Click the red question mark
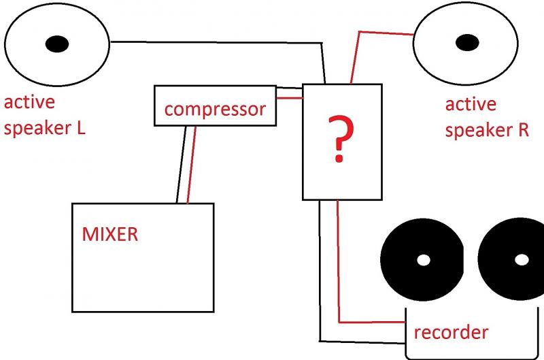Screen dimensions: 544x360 click(x=340, y=138)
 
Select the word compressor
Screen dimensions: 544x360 click(x=215, y=109)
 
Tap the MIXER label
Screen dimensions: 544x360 click(x=110, y=234)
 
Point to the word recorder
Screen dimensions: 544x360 click(x=451, y=332)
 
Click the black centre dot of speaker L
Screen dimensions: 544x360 click(x=57, y=44)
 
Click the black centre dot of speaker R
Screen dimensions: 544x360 click(x=467, y=43)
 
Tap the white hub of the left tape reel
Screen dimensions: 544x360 click(x=424, y=260)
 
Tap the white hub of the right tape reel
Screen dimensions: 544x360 click(x=522, y=260)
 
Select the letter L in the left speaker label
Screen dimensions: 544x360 click(x=80, y=128)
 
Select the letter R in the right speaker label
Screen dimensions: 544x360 click(x=524, y=130)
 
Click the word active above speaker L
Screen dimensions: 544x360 click(x=29, y=102)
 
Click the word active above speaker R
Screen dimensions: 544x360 click(x=471, y=104)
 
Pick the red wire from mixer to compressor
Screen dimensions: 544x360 click(x=192, y=165)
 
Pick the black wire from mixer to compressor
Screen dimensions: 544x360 click(x=181, y=165)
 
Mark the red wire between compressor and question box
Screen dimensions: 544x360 click(x=290, y=98)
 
